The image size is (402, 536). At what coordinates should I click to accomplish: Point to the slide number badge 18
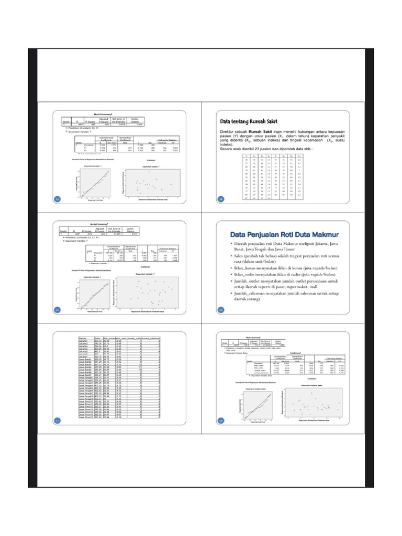click(x=221, y=421)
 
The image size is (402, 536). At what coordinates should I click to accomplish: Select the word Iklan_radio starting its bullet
click(x=245, y=273)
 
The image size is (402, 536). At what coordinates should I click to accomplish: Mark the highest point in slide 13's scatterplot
click(x=149, y=172)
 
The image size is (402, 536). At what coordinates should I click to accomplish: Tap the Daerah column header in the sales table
click(x=83, y=338)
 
